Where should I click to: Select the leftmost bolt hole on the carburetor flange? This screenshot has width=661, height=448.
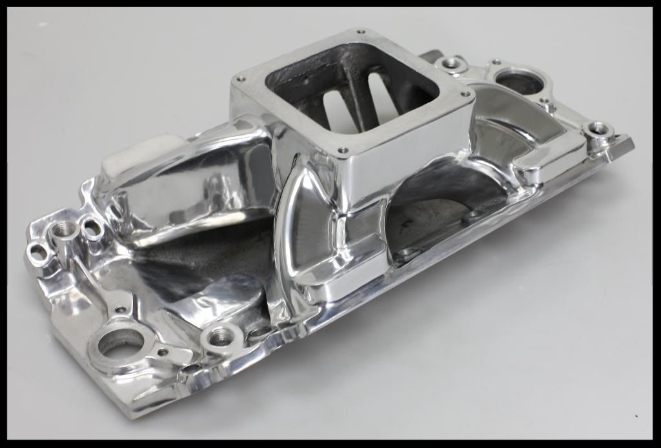pyautogui.click(x=241, y=79)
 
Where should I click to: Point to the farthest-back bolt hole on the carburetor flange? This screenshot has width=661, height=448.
pyautogui.click(x=360, y=32)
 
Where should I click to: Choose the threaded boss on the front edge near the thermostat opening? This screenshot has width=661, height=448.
pyautogui.click(x=219, y=335)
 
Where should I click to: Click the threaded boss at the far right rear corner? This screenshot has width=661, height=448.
pyautogui.click(x=600, y=129)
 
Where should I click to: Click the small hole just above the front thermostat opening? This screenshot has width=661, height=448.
pyautogui.click(x=120, y=310)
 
